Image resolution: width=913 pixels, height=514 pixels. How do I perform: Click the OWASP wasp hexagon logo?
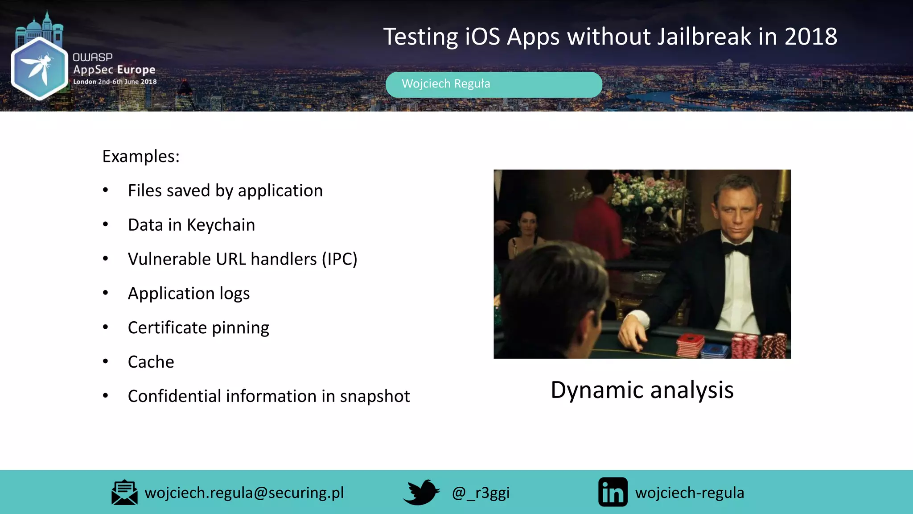click(39, 68)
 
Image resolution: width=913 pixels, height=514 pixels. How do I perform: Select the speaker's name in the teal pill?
click(445, 84)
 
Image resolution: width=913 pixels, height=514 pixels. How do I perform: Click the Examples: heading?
click(141, 157)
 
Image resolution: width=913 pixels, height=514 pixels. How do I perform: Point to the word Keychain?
click(221, 225)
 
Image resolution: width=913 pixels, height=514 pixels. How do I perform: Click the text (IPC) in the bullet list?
click(340, 259)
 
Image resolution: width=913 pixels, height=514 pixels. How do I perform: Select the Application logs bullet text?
click(189, 294)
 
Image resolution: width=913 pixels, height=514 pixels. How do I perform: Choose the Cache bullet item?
click(151, 362)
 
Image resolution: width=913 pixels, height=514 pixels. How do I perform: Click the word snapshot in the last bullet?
click(374, 396)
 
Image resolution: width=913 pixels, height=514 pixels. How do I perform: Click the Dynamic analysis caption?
click(642, 390)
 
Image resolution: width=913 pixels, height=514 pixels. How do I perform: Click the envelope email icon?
click(124, 493)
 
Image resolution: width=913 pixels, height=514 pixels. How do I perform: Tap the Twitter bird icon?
click(421, 492)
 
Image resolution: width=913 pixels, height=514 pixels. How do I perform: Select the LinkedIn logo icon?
click(613, 492)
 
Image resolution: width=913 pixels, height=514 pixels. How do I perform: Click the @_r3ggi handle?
click(481, 493)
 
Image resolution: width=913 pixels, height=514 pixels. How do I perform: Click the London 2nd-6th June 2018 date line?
click(115, 82)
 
